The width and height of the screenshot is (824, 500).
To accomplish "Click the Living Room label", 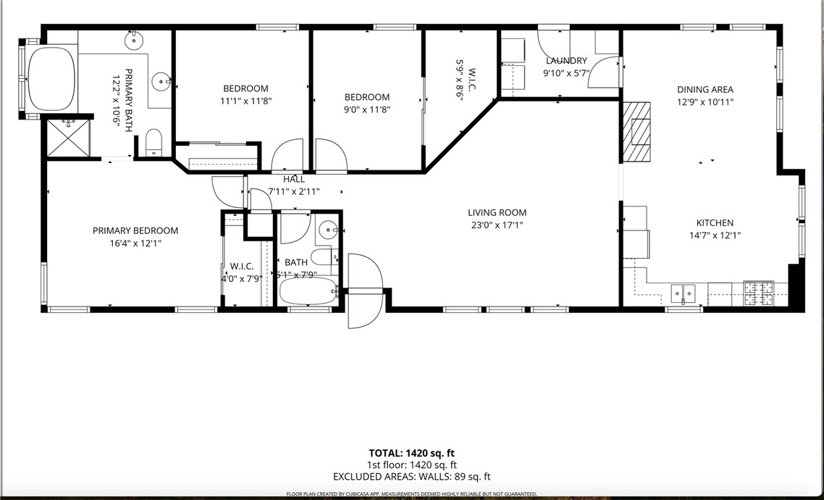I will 497,212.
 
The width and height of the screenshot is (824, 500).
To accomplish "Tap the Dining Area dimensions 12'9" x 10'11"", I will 705,102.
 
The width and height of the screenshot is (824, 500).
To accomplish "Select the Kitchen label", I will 715,223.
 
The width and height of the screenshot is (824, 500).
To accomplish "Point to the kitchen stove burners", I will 759,293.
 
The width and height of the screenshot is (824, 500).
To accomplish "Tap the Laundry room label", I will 566,61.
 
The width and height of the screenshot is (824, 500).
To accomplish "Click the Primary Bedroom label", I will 135,231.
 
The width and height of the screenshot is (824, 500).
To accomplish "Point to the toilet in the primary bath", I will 154,142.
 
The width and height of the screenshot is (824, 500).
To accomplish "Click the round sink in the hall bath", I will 329,231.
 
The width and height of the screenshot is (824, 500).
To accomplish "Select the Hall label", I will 294,179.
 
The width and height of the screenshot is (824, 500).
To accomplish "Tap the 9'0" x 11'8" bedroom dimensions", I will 366,109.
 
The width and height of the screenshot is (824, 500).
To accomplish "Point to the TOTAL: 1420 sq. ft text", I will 411,453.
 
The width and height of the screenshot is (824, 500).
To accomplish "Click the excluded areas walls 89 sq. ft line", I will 411,477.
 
